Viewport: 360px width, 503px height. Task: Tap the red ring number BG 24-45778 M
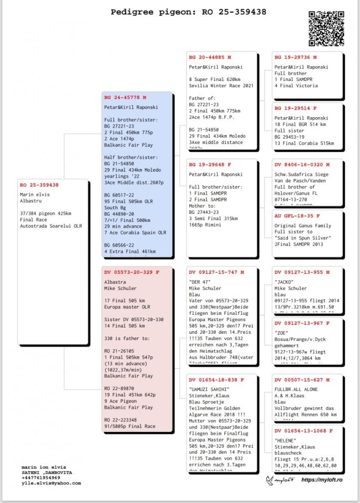coord(125,97)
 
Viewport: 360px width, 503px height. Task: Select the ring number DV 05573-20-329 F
coord(131,272)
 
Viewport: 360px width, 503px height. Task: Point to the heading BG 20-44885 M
coord(210,57)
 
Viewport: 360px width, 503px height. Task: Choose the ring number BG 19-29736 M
coord(295,57)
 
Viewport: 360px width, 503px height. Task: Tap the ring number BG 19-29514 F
coord(295,108)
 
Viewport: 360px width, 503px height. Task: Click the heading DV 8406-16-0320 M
coord(302,164)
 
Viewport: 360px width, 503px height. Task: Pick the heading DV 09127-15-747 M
coord(216,272)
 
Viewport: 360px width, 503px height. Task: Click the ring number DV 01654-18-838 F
coord(216,379)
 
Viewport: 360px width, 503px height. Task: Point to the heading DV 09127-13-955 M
coord(302,272)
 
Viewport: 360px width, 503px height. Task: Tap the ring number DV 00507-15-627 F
coord(302,379)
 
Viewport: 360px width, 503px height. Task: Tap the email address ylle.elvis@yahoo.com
coord(52,483)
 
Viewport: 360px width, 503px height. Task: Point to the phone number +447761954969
coord(40,477)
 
